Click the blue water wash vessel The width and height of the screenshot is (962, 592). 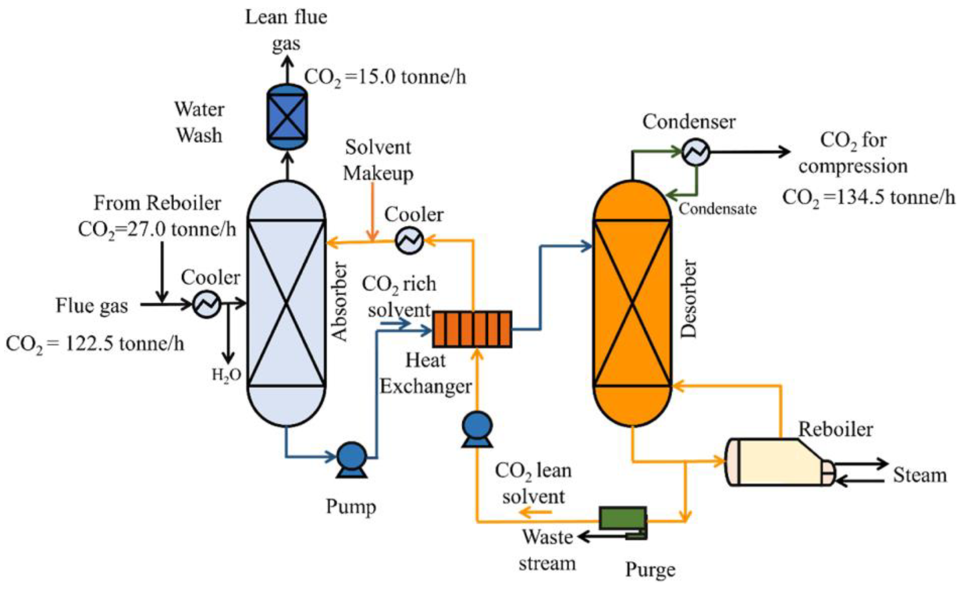287,117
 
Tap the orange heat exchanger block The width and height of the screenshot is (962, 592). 472,329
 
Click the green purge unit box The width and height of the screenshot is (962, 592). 622,518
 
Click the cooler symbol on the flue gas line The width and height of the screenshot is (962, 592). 207,304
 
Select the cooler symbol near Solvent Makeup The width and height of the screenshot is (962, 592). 409,240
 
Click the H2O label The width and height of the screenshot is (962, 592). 226,375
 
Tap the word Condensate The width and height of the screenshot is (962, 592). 717,209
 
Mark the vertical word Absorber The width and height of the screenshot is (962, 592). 339,302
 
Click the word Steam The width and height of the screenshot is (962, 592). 920,475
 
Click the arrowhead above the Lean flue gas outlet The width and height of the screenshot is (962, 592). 288,61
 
